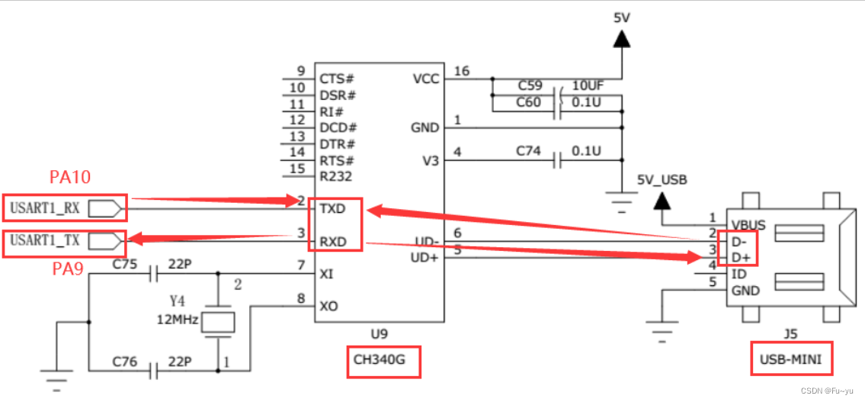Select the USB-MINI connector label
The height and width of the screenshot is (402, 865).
[x=790, y=359]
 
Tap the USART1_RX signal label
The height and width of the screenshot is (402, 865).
[x=45, y=207]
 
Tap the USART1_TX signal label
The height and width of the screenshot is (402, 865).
[x=45, y=241]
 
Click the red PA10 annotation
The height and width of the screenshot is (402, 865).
[x=70, y=178]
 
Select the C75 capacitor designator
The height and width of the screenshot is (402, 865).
[x=125, y=265]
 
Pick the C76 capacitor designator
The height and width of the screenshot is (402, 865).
[x=125, y=362]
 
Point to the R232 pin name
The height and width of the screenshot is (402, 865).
[x=336, y=177]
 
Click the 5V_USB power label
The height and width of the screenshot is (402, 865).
[x=662, y=180]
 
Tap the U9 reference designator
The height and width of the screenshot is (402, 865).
[x=379, y=333]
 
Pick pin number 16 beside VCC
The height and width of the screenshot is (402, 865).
[x=462, y=72]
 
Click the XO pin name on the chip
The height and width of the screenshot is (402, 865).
[x=329, y=307]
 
